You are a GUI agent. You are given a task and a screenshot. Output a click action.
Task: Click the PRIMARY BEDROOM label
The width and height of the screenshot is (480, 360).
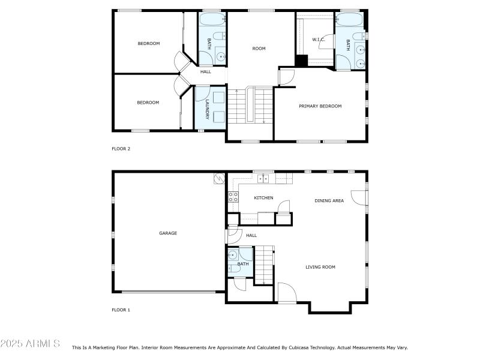tap(320, 106)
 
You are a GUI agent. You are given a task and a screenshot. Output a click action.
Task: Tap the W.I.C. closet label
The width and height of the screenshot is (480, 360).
tap(318, 40)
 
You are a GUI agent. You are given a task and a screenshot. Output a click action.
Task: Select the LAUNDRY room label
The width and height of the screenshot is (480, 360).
tap(206, 110)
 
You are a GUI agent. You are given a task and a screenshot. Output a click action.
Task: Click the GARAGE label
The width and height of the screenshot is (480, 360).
tap(168, 233)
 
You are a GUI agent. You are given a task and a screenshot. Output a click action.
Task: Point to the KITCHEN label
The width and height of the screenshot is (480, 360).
tap(263, 197)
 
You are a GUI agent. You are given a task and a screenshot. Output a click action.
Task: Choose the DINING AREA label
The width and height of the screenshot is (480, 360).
tap(329, 200)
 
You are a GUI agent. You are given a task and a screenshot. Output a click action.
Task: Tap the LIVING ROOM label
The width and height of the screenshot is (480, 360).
tap(320, 267)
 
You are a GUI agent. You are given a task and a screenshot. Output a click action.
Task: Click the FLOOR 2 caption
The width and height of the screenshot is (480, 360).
tap(121, 148)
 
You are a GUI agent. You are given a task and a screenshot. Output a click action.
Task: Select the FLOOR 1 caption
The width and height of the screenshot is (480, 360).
tap(121, 310)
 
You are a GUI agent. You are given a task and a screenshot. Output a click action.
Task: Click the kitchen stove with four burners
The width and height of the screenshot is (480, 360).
tap(232, 198)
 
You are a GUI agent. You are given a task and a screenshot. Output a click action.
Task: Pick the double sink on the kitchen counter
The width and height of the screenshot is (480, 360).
tap(263, 178)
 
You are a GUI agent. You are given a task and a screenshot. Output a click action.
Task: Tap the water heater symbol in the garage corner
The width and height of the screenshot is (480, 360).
tap(218, 178)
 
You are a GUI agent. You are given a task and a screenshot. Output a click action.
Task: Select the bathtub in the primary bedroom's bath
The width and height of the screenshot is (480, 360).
tap(349, 20)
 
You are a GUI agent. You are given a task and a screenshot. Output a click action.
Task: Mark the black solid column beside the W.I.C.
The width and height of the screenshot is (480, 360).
tap(301, 61)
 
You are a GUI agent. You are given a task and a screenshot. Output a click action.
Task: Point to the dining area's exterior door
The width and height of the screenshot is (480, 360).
tap(359, 198)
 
